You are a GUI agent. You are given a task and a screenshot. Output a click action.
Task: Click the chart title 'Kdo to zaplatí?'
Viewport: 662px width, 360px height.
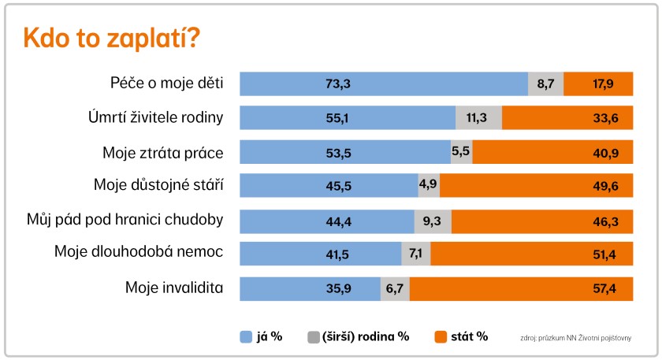[110, 38]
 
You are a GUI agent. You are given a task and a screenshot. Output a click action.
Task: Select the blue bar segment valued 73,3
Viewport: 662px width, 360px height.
[383, 84]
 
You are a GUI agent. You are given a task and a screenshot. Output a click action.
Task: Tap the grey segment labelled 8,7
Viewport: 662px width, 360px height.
[545, 84]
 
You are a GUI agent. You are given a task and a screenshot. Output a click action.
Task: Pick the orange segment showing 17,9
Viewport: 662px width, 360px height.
[598, 84]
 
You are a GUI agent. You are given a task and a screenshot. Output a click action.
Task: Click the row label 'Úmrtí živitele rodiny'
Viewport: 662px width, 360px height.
[156, 118]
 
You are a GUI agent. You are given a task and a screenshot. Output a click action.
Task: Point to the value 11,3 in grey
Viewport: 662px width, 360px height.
[478, 118]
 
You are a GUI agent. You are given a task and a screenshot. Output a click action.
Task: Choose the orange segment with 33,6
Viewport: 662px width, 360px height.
[567, 118]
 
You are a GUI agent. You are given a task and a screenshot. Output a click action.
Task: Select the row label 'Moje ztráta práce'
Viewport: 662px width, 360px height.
[163, 152]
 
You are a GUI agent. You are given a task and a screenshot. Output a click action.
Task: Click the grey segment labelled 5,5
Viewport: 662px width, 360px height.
[461, 152]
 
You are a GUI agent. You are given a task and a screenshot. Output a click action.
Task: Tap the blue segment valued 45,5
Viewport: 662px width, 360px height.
[329, 185]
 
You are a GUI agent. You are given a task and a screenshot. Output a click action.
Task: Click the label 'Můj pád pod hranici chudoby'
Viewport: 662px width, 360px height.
[125, 220]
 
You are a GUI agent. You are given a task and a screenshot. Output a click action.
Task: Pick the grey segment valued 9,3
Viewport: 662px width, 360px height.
[433, 221]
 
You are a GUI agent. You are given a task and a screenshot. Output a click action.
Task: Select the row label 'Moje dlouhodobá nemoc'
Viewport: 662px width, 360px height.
[139, 252]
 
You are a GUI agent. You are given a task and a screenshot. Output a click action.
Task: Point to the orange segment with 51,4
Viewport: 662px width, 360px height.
[532, 254]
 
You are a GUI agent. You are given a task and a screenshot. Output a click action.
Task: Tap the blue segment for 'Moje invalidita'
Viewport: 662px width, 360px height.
[310, 288]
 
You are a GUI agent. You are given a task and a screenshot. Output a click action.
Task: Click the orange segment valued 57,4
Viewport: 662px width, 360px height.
[521, 288]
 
